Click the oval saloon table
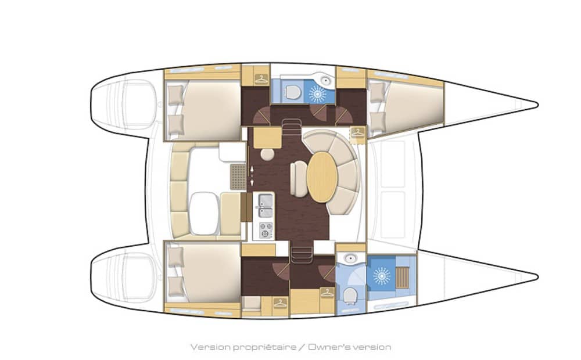(322, 177)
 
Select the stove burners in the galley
(265, 229)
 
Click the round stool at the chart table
(267, 154)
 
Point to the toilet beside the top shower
(293, 92)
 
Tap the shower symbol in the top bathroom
(318, 93)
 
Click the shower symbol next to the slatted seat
(382, 276)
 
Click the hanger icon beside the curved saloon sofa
(358, 132)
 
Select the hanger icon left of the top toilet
(261, 79)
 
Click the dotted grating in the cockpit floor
(238, 177)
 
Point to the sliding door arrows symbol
(252, 175)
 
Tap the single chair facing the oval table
(298, 179)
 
